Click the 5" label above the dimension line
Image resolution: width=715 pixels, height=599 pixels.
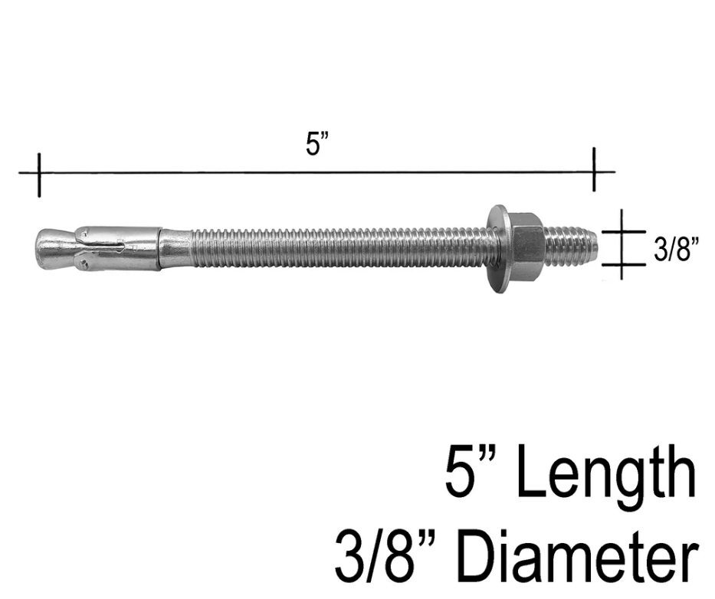tap(317, 144)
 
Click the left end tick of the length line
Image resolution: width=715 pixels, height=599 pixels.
tap(38, 174)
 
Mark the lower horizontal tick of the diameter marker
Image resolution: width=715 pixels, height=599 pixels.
tap(622, 264)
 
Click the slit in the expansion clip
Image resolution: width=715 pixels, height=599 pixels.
tap(115, 247)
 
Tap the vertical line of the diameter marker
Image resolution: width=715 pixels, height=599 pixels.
tap(622, 247)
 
